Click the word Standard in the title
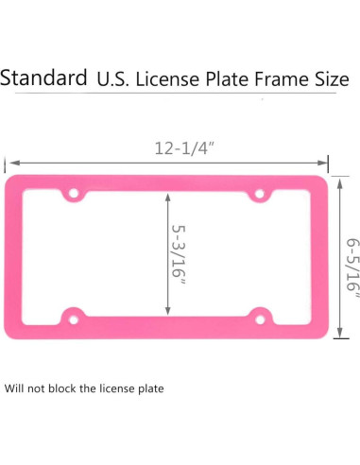43,77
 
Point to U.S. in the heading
114,79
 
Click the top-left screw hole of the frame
72,195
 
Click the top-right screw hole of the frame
259,195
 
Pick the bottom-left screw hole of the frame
72,315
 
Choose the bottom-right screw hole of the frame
259,315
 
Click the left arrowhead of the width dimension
10,162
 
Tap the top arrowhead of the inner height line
168,198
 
